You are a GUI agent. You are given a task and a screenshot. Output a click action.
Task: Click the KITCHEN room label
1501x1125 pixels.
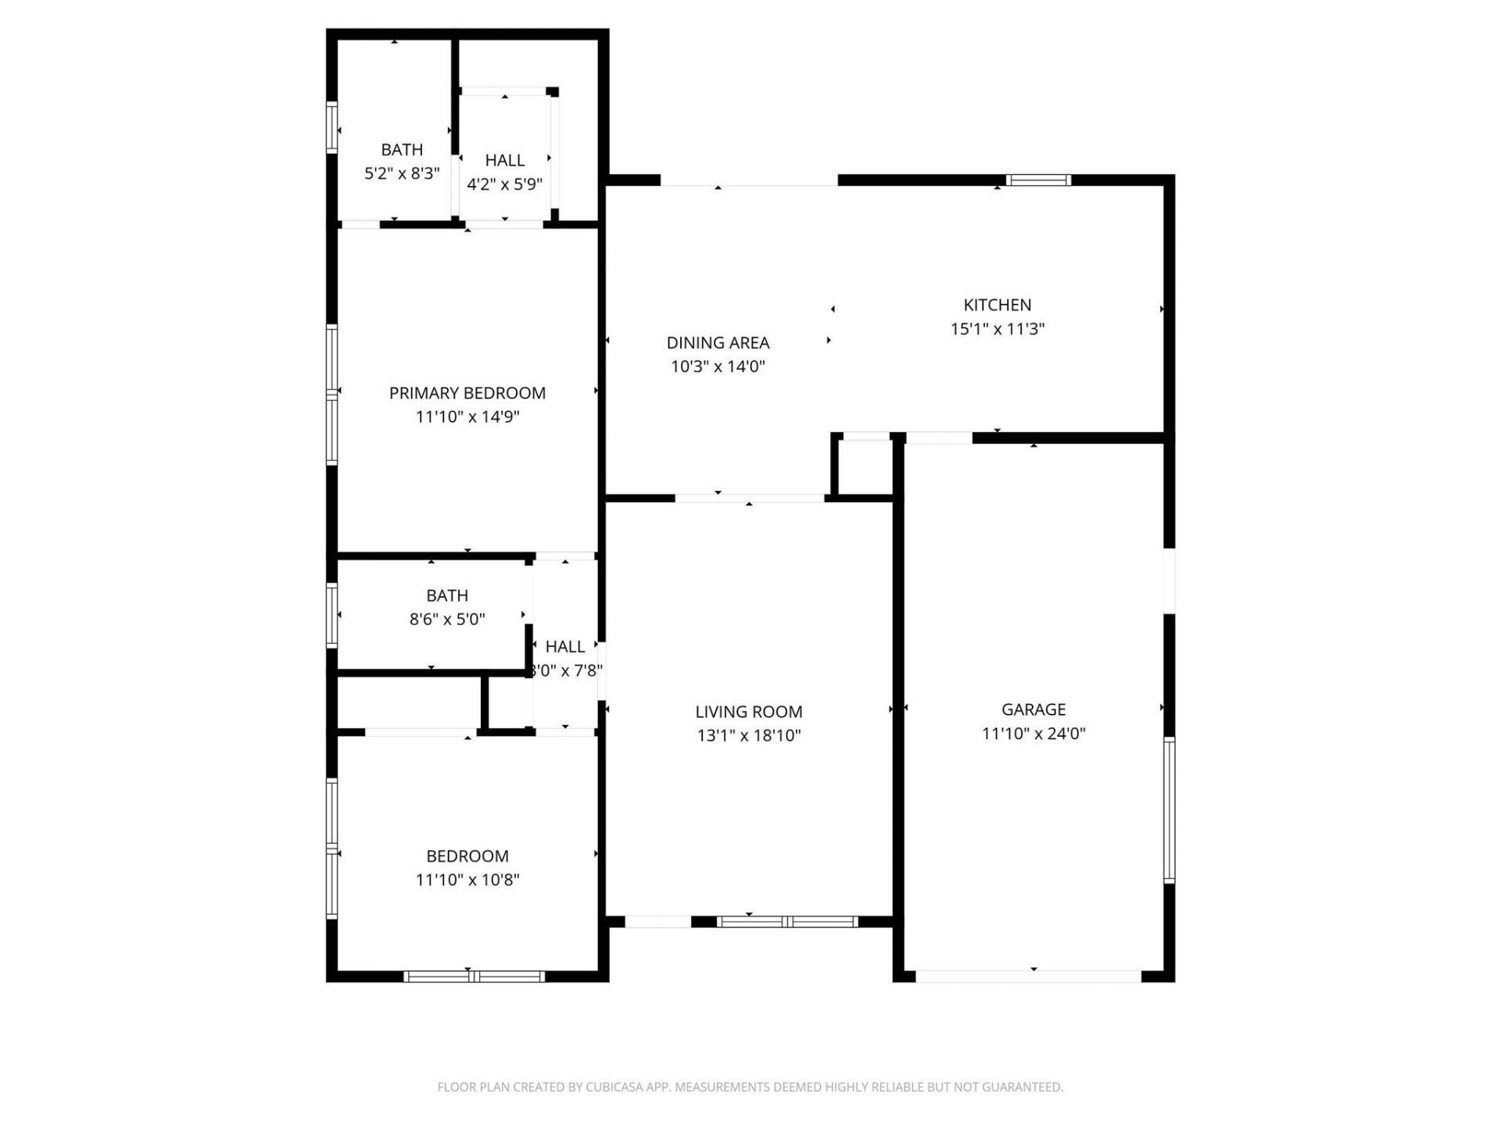997,305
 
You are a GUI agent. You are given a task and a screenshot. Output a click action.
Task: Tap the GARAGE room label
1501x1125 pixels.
1034,709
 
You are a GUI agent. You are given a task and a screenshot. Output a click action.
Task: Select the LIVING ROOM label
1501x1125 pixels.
748,712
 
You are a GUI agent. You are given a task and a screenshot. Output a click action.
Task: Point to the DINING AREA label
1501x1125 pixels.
718,342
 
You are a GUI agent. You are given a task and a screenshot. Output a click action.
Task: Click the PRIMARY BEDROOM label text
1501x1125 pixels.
467,393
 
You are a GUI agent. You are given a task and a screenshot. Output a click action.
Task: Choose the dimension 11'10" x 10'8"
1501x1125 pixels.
467,880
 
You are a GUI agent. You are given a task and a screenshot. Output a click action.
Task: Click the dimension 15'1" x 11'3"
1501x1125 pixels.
997,329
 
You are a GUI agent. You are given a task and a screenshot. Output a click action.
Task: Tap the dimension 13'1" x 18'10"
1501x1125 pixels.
748,735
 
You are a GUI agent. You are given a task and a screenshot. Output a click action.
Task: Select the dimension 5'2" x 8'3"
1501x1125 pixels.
402,173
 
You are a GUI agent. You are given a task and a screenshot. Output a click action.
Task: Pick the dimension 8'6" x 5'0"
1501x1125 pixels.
447,620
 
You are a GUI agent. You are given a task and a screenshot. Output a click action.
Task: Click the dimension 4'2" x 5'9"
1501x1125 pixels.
504,184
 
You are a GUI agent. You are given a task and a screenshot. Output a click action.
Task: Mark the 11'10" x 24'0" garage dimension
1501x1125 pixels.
1034,734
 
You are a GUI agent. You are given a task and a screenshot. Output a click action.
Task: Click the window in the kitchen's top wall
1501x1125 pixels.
1038,180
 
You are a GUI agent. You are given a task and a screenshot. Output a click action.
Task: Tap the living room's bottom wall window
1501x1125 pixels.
787,922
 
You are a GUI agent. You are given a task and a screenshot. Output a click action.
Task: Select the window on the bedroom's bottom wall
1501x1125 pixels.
474,976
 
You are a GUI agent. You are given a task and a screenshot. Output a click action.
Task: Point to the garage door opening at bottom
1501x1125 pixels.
1028,976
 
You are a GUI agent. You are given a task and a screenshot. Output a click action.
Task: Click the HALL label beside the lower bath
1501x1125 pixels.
564,647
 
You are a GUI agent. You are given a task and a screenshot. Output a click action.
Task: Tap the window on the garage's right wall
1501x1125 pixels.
1169,809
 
